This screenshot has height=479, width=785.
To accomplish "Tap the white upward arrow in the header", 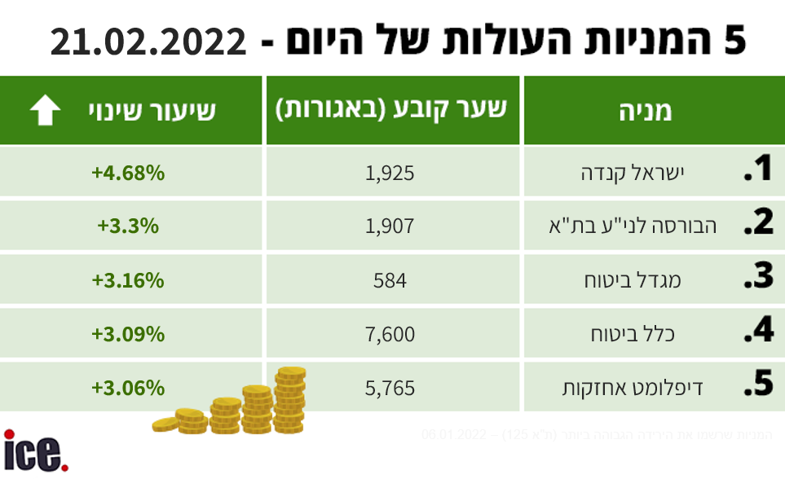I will [x=45, y=111].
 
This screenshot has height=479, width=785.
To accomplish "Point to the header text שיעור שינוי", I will [x=152, y=111].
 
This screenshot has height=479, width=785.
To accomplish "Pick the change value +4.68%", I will [x=128, y=173].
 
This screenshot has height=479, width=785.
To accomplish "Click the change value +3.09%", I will [x=128, y=334].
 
